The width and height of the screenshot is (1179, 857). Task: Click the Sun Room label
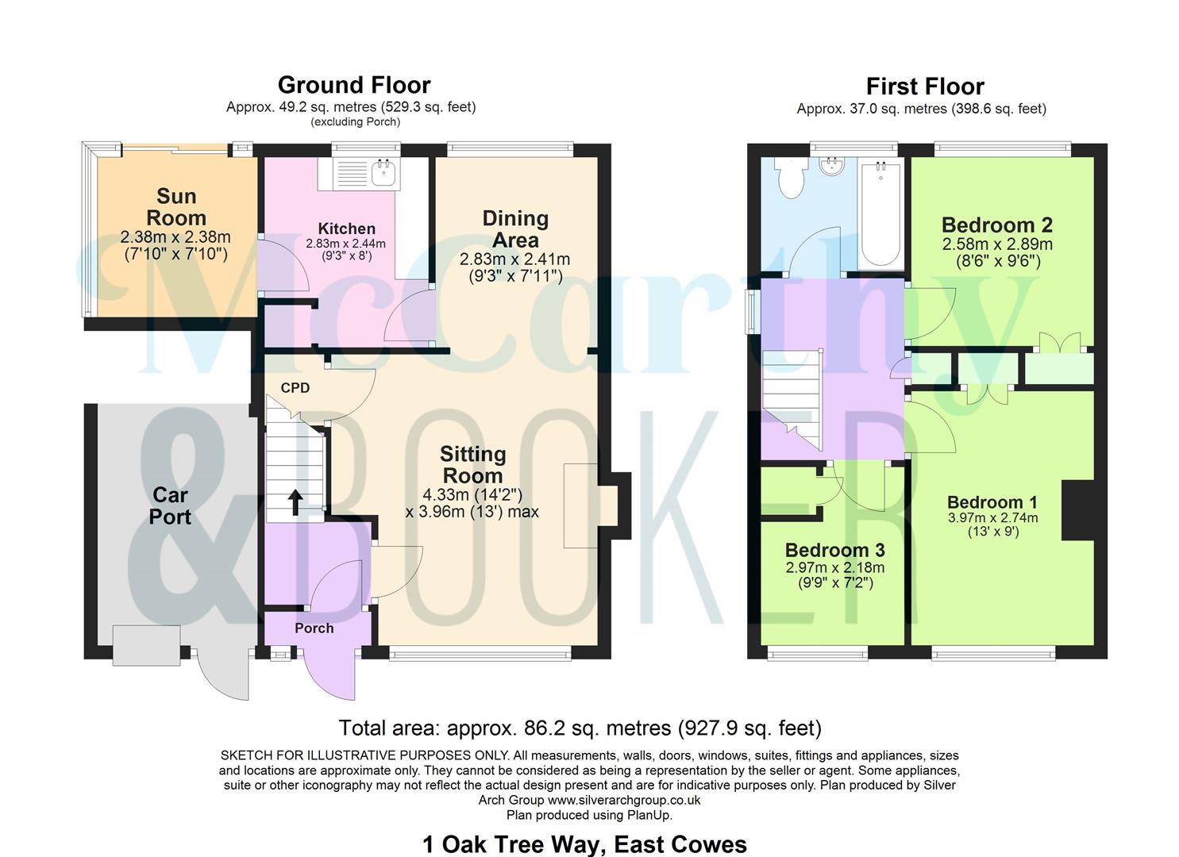[x=175, y=206]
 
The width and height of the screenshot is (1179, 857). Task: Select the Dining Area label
[x=515, y=229]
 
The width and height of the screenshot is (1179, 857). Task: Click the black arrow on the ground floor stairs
[x=295, y=502]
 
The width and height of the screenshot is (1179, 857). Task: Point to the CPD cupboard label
[x=295, y=388]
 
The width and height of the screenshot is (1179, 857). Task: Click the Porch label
[x=314, y=628]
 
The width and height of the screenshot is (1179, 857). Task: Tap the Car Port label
[x=170, y=505]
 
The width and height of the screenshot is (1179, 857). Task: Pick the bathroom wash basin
[x=832, y=167]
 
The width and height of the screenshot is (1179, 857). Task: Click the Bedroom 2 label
[x=996, y=225]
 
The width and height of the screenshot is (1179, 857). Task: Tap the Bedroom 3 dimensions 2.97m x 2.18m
[x=834, y=567]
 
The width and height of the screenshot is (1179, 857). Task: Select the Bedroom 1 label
[x=992, y=502]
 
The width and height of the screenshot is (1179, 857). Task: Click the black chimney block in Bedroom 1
[x=1077, y=511]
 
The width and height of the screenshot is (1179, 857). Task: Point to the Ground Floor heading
[x=354, y=85]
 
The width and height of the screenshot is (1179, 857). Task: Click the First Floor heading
[x=924, y=86]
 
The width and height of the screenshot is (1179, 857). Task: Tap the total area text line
[x=580, y=728]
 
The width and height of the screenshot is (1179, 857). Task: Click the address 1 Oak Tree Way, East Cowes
[x=584, y=844]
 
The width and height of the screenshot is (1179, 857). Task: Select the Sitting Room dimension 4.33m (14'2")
[x=472, y=494]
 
